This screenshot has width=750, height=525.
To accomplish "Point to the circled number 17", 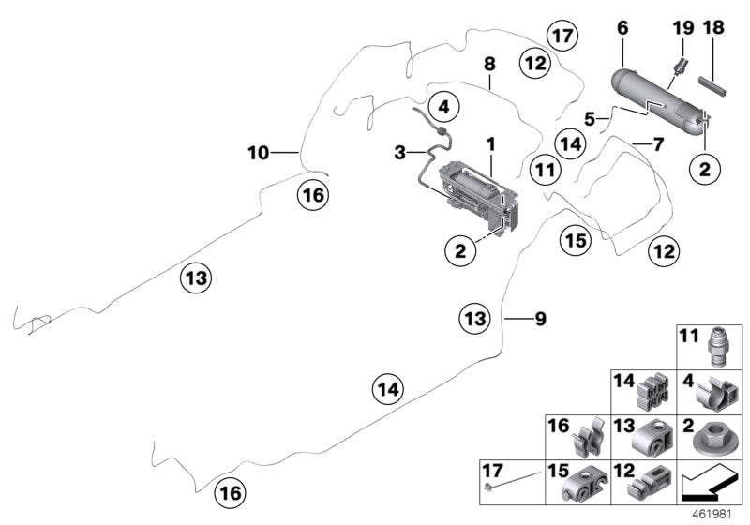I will click(562, 37).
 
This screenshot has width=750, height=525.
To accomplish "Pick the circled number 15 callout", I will click(577, 241).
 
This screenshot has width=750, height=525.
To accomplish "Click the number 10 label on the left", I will click(258, 151).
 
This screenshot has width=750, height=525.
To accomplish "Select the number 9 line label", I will click(539, 319).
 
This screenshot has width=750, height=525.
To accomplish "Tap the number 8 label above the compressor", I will click(488, 65).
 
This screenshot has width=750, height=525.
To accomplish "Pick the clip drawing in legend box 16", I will click(590, 440).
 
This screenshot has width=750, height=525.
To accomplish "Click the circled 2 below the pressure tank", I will click(704, 170).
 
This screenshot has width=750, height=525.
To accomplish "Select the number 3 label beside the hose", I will click(399, 151).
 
